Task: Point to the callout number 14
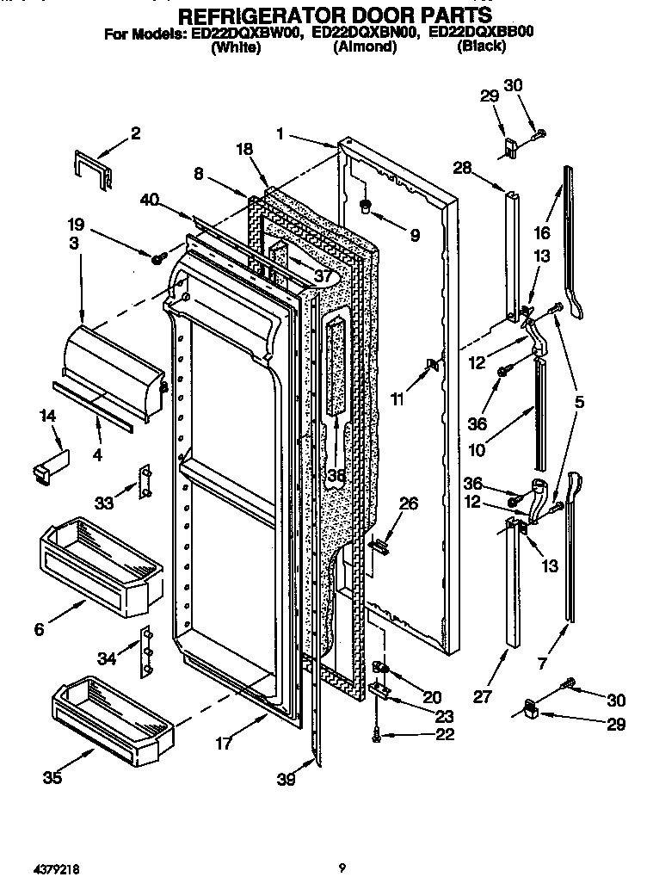pos(48,416)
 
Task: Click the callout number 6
pos(39,629)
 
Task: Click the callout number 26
pos(409,503)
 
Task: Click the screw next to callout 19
pos(158,257)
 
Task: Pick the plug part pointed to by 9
pos(365,207)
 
